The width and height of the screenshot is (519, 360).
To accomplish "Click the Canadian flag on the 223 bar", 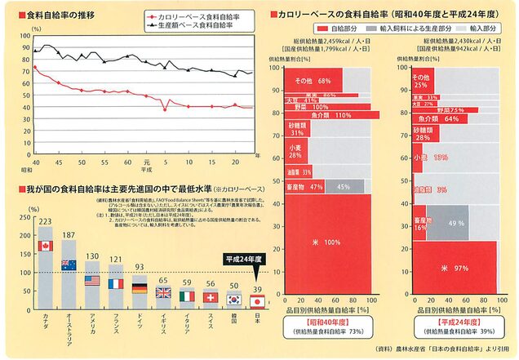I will (x=45, y=246).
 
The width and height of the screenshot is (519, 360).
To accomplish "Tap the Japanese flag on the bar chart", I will (x=257, y=301).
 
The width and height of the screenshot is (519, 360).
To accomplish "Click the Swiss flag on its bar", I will (x=211, y=297).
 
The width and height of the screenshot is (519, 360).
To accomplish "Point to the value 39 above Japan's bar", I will (x=257, y=287).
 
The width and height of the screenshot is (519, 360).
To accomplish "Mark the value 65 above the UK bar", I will (x=163, y=280).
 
